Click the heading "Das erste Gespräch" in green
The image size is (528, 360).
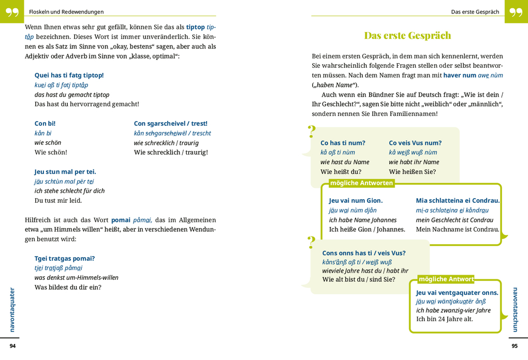(x=407, y=36)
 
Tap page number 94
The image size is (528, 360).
(x=13, y=346)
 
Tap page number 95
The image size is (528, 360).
(x=514, y=346)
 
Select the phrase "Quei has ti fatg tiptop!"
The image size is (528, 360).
(x=69, y=75)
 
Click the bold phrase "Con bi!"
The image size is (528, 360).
(x=45, y=124)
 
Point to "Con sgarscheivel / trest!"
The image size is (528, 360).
(x=170, y=124)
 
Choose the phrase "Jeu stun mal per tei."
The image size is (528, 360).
(x=65, y=172)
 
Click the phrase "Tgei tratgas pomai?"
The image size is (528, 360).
(x=65, y=259)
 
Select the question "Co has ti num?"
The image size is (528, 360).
(x=343, y=143)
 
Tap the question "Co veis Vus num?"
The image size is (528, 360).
(x=415, y=143)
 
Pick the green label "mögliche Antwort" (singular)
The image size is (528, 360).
(x=446, y=279)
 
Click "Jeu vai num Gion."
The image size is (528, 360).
(x=356, y=201)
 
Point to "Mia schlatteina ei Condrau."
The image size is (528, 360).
(x=458, y=201)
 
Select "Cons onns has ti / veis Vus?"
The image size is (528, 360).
(x=364, y=253)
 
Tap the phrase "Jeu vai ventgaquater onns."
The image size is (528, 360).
(x=457, y=293)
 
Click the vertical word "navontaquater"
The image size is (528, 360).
(x=12, y=309)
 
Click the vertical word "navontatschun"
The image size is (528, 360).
(x=515, y=309)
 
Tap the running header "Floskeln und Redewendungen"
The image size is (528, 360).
(x=66, y=12)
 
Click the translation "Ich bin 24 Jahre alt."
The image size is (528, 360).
(x=444, y=319)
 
